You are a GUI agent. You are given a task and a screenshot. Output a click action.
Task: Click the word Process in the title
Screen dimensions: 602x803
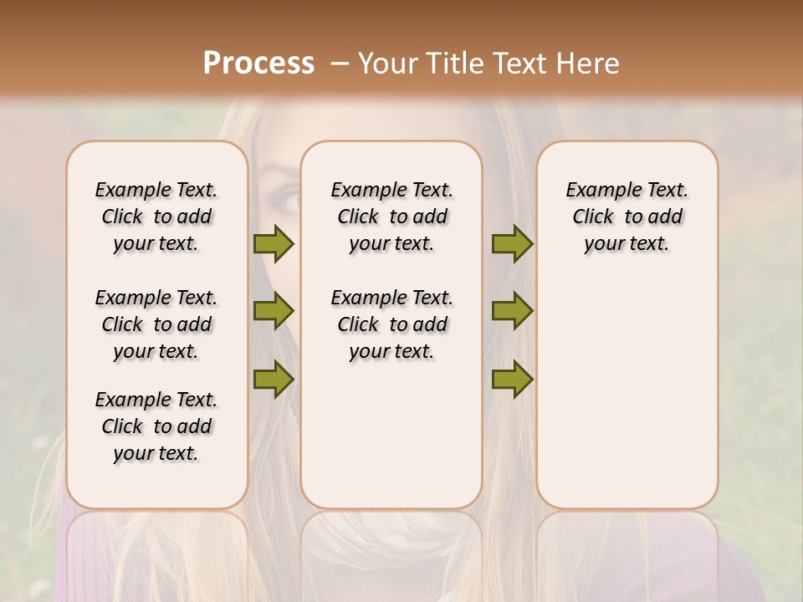pos(258,64)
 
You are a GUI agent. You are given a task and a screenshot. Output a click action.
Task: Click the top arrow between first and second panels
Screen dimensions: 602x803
pos(274,243)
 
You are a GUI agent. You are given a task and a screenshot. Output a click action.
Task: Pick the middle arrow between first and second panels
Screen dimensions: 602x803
pos(274,311)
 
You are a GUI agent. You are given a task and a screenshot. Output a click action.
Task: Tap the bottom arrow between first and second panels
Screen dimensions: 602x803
pos(274,379)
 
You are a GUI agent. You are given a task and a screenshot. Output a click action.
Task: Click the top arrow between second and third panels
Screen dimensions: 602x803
pos(512,243)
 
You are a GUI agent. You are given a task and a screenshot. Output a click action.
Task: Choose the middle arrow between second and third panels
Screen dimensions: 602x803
pos(512,311)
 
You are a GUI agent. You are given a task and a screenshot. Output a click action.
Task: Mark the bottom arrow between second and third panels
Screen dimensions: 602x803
pos(512,379)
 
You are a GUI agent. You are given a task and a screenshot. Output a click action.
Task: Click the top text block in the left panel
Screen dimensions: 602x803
pos(156,217)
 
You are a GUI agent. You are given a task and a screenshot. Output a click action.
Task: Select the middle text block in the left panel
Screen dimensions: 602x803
pos(156,324)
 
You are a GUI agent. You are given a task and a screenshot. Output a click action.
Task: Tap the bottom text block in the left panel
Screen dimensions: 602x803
pos(156,426)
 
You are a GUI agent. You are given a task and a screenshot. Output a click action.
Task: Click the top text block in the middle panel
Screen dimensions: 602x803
pos(391,217)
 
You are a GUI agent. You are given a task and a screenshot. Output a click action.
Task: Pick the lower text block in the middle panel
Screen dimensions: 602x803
pos(391,324)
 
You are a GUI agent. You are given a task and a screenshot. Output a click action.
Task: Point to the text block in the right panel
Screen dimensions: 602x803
pos(627,217)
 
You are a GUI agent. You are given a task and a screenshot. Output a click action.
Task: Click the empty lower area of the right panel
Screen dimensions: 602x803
pos(627,393)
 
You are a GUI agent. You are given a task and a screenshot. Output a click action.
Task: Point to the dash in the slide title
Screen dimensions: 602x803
pos(340,64)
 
